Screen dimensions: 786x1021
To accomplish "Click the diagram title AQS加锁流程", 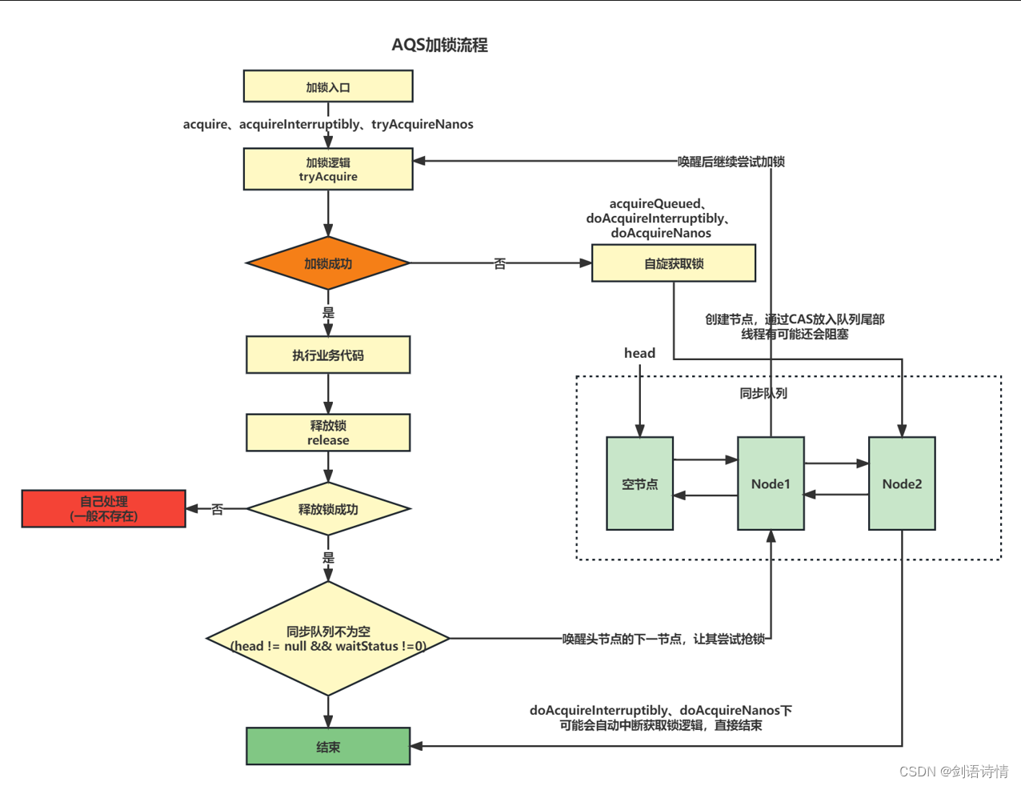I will (x=439, y=45).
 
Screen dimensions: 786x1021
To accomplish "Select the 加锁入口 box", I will (x=328, y=86).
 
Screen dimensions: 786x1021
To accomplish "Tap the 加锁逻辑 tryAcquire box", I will (x=328, y=169).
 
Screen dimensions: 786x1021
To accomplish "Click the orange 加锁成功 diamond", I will (x=328, y=263).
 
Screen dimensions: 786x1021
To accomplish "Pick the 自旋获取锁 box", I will (x=673, y=263).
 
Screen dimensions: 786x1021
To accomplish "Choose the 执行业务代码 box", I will (x=328, y=355).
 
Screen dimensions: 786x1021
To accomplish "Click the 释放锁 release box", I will (x=328, y=432).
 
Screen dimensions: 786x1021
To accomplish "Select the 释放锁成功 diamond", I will (x=328, y=509).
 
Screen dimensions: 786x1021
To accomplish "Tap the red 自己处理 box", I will (x=104, y=509).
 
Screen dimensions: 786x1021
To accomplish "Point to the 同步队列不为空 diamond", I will (x=328, y=639).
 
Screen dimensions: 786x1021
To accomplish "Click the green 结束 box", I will (x=328, y=746).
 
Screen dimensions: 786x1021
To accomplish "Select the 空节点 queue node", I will (x=639, y=483).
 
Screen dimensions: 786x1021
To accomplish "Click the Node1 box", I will (x=771, y=483).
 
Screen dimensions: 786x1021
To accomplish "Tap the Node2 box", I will (x=902, y=483).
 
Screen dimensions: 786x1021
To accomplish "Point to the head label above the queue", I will (x=639, y=353).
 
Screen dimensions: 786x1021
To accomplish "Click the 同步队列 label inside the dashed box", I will (x=763, y=393).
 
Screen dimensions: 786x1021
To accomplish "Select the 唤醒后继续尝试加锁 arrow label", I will (x=731, y=162).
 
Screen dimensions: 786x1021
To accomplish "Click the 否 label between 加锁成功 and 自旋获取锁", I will (x=500, y=263).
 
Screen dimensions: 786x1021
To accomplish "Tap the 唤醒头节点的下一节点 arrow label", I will (x=663, y=639).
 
